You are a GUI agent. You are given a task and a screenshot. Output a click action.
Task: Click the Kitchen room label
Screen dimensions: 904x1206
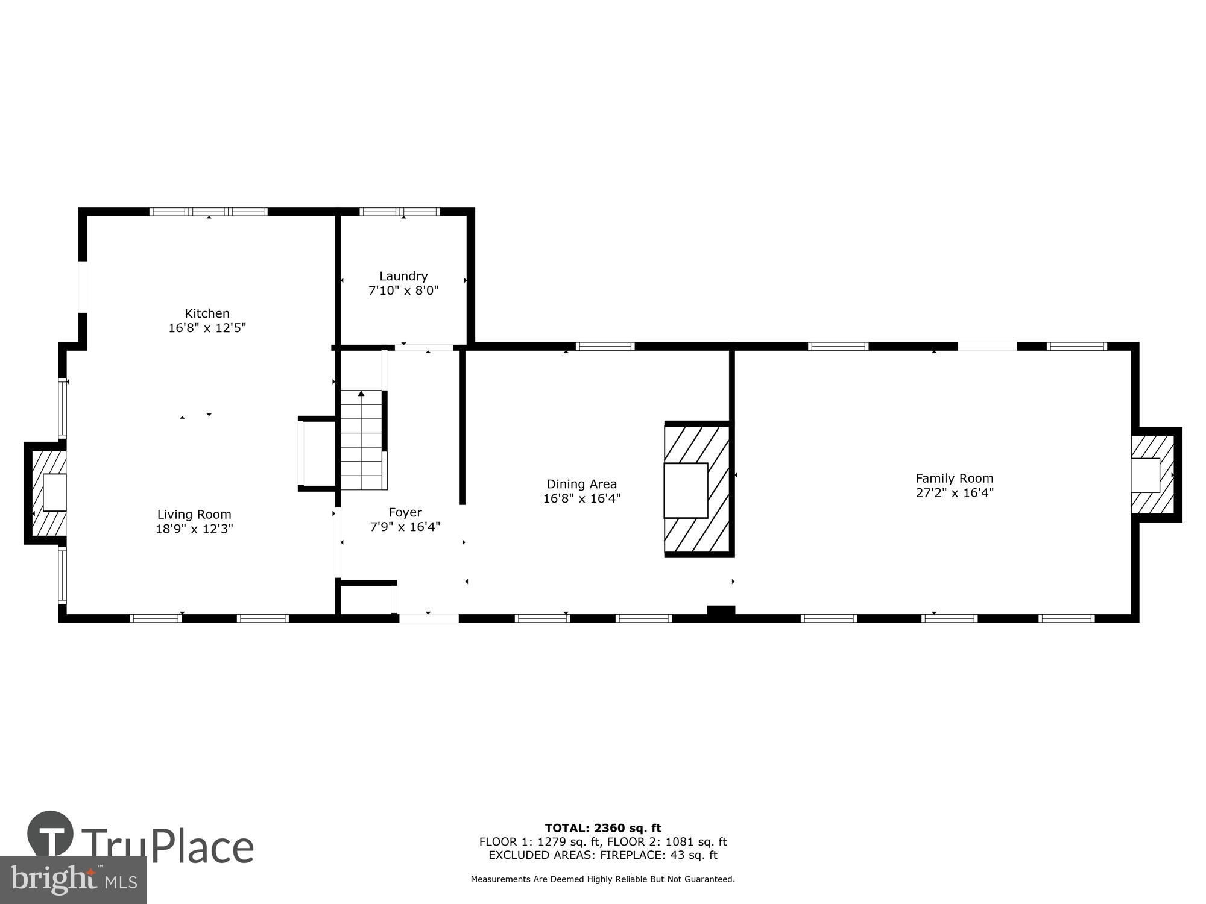click(207, 313)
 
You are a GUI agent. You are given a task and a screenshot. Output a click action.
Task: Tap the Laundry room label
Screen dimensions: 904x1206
click(403, 276)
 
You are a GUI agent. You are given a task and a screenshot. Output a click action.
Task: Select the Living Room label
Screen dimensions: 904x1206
click(194, 514)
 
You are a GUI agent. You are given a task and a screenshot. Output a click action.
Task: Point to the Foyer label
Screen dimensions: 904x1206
click(405, 512)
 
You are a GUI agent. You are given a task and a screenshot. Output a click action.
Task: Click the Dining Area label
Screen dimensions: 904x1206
click(581, 484)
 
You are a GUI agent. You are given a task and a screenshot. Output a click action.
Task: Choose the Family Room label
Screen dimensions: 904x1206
click(954, 478)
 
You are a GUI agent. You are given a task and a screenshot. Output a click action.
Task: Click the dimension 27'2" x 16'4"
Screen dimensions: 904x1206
click(954, 492)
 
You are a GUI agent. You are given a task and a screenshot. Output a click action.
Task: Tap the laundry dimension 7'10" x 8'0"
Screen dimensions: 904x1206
click(403, 290)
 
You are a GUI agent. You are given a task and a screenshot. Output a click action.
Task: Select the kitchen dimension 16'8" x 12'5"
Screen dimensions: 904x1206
click(207, 328)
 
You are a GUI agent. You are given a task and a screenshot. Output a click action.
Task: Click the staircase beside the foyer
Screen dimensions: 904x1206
click(362, 440)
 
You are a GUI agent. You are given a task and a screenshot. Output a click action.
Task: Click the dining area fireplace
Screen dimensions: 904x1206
click(696, 489)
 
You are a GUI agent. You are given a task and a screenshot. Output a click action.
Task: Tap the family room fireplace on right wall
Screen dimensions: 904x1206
click(1153, 475)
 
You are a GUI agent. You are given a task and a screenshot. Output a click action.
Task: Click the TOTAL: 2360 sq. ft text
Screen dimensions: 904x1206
click(602, 828)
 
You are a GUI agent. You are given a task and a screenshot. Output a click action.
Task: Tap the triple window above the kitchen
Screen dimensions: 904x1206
click(209, 212)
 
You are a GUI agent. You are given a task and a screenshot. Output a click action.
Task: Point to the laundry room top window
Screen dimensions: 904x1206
click(400, 212)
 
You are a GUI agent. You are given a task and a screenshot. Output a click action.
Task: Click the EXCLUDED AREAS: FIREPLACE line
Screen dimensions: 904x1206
click(602, 855)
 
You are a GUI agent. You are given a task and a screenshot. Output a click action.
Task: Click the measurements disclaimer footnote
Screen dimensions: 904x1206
click(602, 879)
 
